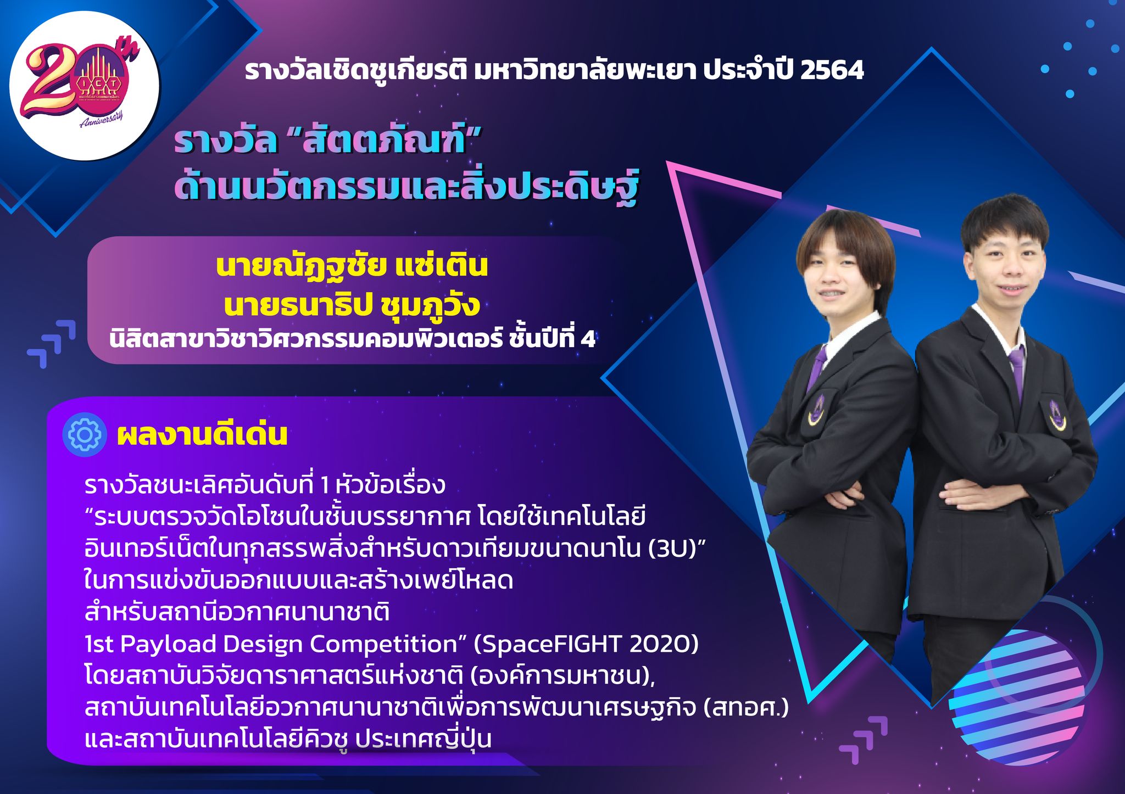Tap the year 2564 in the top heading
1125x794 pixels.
[832, 70]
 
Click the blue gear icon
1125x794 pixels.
[84, 434]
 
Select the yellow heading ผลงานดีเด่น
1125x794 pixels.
[202, 434]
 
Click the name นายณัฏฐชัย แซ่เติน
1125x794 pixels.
[352, 266]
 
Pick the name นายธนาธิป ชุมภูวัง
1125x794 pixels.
[352, 305]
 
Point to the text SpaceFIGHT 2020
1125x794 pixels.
[586, 644]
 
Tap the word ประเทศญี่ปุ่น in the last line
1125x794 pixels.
[423, 739]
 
